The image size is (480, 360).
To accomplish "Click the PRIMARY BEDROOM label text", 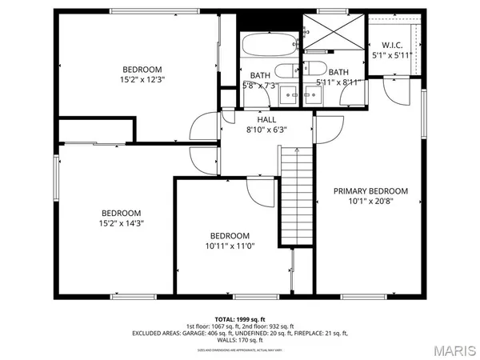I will [x=370, y=191].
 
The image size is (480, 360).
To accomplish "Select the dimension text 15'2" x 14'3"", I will [x=122, y=223].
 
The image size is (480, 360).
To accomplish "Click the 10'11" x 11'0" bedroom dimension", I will [x=230, y=246].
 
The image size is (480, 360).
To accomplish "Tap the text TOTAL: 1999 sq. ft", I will [x=240, y=318].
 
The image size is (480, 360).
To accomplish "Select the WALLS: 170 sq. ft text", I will [x=240, y=340].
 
